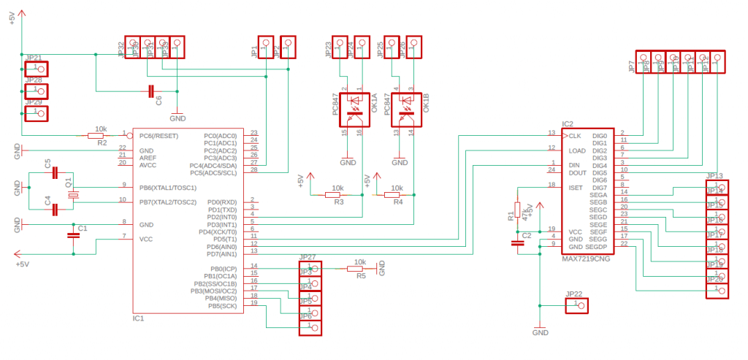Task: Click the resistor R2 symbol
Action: point(96,135)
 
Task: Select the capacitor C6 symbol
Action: point(151,91)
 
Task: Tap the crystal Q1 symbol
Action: point(73,194)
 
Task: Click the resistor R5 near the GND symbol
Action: point(359,269)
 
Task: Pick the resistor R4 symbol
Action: point(394,195)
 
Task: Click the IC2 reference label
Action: point(568,125)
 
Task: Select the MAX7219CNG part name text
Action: point(586,258)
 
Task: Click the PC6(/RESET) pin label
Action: point(159,136)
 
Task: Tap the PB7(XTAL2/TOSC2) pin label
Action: point(167,202)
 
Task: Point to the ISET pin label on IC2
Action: point(576,188)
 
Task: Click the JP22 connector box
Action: point(576,304)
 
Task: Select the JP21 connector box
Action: point(37,69)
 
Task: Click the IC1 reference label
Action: point(139,318)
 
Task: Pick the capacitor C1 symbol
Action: point(73,235)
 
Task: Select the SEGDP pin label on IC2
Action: point(597,246)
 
